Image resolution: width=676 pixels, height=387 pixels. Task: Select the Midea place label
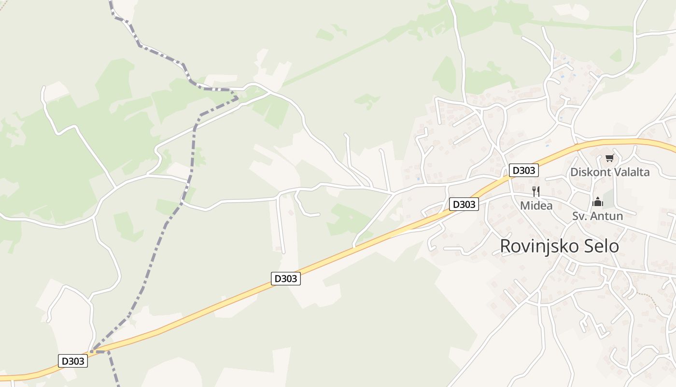tap(536, 206)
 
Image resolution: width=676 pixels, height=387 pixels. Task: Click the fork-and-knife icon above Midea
tap(535, 191)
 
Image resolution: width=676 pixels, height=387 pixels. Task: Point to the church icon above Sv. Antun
tap(598, 202)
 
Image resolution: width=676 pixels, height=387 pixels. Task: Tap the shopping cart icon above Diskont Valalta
tap(609, 158)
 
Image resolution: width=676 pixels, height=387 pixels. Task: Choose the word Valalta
tap(631, 172)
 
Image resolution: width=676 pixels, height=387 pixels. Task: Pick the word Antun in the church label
tap(607, 216)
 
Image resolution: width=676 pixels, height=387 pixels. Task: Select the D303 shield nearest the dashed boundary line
tap(73, 361)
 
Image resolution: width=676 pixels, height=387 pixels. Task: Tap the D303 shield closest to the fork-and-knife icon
tap(523, 170)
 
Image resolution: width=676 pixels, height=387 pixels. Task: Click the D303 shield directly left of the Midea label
tap(464, 204)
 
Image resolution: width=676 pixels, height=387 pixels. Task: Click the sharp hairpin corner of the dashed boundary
tap(237, 98)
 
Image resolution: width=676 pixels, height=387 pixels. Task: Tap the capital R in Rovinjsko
tap(505, 246)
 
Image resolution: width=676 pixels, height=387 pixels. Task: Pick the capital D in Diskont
tap(574, 172)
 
